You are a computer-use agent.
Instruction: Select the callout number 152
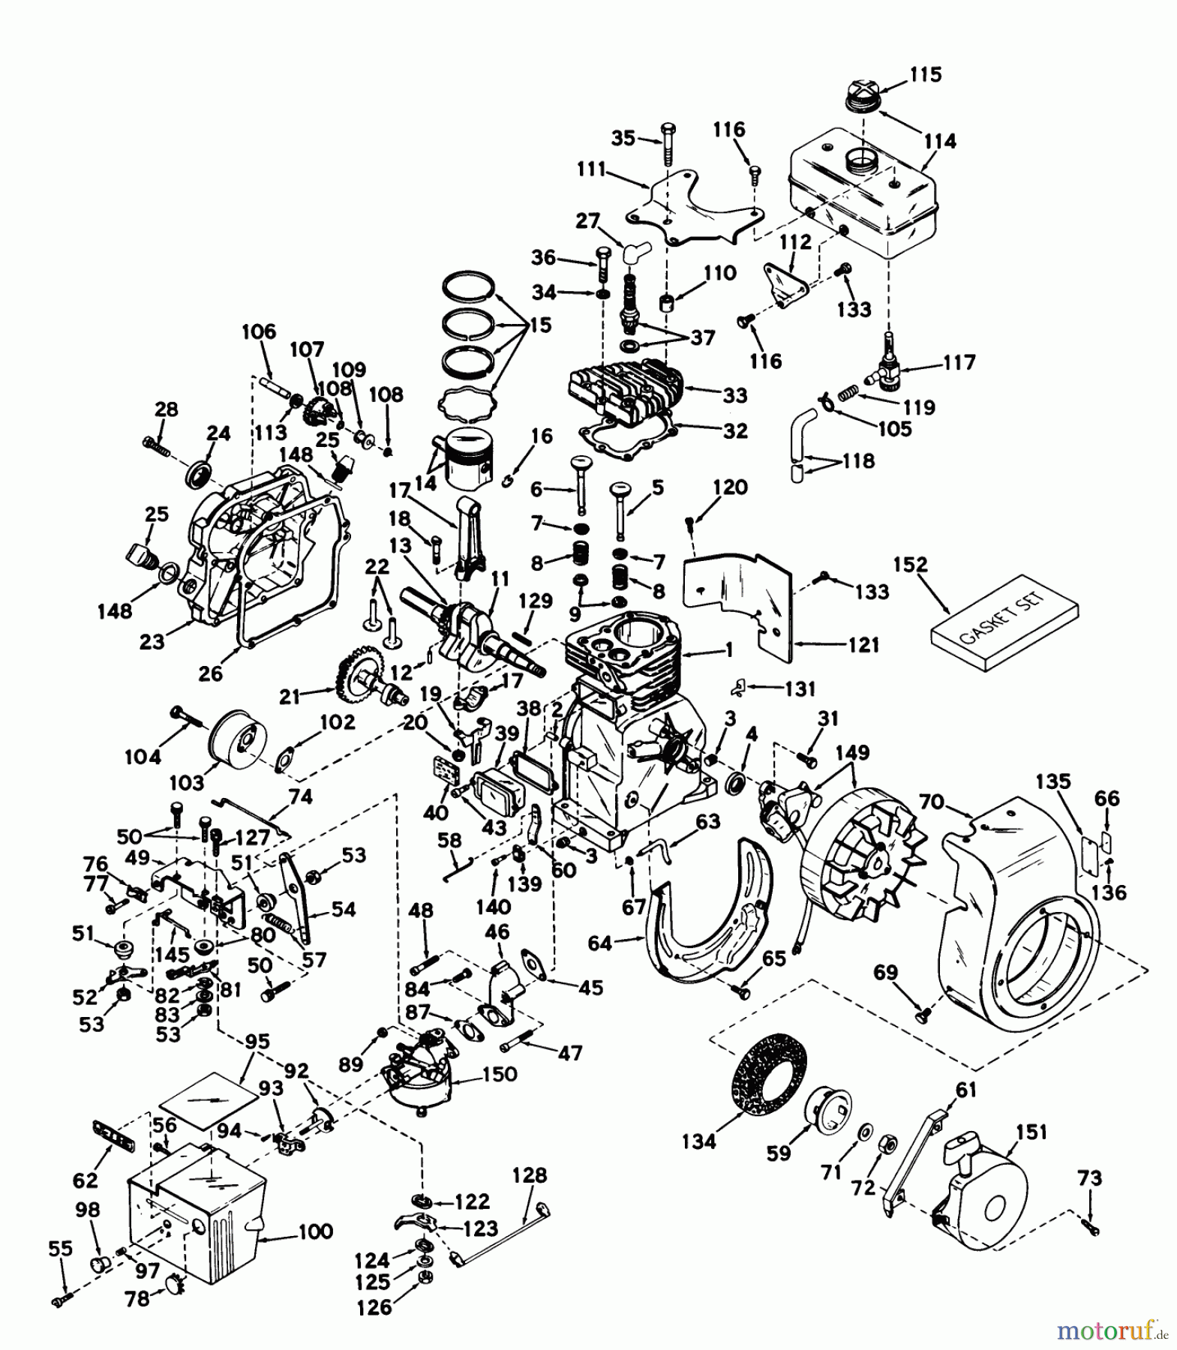(x=911, y=564)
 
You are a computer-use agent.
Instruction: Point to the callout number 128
(x=530, y=1174)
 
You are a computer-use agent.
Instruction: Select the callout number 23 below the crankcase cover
(x=152, y=641)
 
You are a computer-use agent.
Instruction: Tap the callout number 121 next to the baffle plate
(x=863, y=644)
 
